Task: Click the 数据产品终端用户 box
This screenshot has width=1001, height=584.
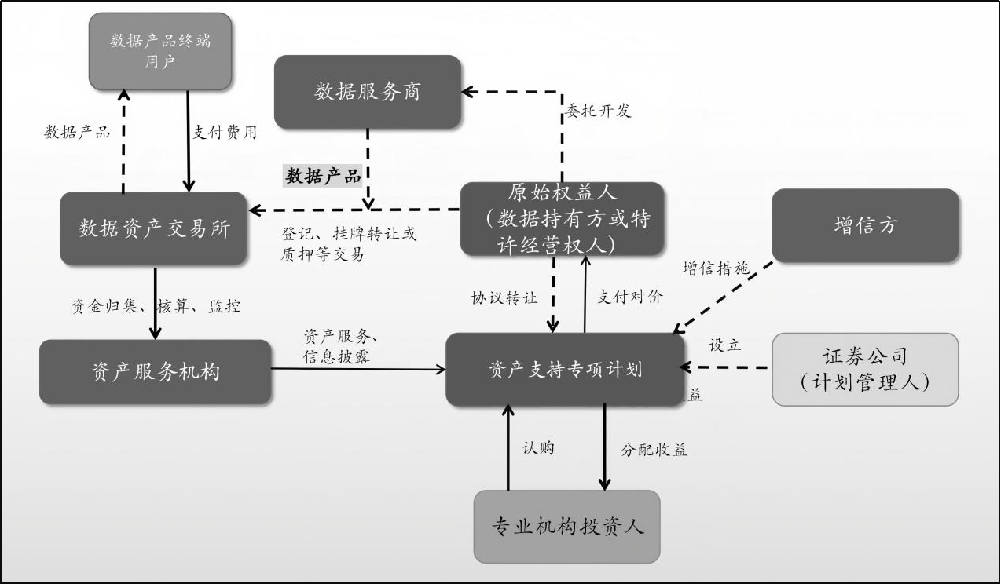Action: (160, 51)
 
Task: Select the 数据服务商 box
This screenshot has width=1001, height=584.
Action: (367, 92)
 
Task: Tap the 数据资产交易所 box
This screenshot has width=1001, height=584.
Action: (154, 228)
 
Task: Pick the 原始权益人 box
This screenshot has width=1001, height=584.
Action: (562, 219)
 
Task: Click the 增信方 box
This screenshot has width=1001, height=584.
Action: (865, 225)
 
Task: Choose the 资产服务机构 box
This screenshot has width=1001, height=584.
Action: (156, 371)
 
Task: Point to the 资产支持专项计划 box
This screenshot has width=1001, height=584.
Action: (565, 369)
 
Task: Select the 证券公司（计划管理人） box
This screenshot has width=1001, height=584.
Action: (865, 369)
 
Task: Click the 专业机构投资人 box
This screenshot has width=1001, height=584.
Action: (566, 526)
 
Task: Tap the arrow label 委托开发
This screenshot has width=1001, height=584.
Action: (598, 111)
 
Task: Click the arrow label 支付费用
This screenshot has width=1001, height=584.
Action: (225, 132)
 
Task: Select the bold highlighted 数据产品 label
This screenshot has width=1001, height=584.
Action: (323, 176)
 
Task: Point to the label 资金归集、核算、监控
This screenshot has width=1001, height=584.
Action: (156, 306)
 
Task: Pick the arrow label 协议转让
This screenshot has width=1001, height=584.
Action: (504, 297)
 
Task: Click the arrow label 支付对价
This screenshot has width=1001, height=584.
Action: (629, 296)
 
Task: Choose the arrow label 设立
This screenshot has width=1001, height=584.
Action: (724, 345)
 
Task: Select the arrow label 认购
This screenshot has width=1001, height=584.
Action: (538, 447)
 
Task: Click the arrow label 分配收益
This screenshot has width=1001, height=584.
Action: (654, 450)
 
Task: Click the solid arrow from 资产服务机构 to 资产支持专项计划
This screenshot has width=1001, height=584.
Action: (358, 368)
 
